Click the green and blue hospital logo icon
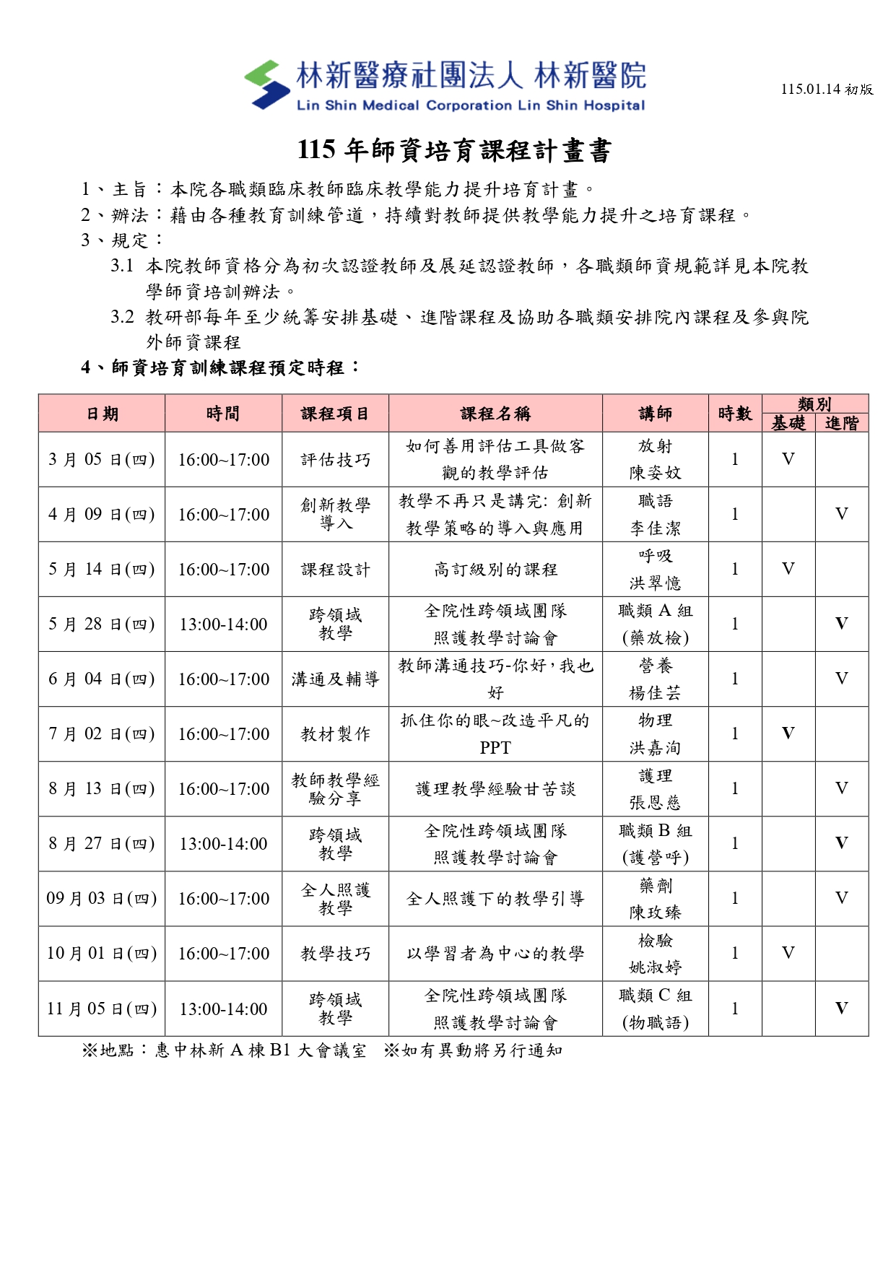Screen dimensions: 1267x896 point(266,84)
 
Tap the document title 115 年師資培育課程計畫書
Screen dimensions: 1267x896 point(454,150)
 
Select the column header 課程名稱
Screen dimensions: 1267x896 point(495,414)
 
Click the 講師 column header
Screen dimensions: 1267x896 point(655,414)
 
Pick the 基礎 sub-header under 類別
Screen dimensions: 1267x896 point(788,423)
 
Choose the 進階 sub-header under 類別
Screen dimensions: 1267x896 point(842,423)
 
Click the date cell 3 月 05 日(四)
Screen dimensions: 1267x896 point(102,460)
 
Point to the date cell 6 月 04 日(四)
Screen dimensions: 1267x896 point(102,679)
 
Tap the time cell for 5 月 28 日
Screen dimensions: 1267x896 point(223,624)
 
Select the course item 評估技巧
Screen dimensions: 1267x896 point(335,460)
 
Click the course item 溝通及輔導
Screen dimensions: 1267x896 point(335,679)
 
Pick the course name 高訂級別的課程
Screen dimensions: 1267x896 point(495,570)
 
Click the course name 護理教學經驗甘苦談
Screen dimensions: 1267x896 point(495,789)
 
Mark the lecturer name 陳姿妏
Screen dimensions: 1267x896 point(655,473)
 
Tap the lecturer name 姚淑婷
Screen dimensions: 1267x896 point(655,967)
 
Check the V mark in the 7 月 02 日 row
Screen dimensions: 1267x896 point(788,733)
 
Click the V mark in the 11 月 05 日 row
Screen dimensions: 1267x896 point(842,1009)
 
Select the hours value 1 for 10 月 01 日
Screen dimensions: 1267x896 point(735,954)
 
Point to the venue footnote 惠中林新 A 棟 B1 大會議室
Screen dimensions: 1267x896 point(261,1050)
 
